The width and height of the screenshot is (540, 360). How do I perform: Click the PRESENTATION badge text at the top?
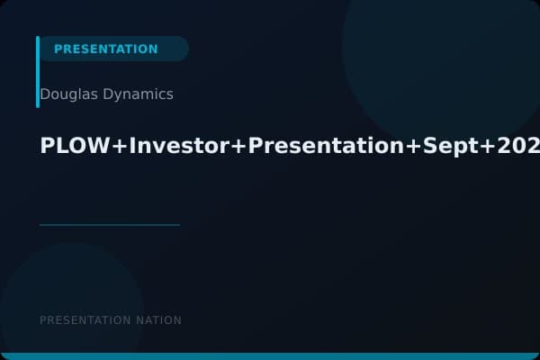click(105, 49)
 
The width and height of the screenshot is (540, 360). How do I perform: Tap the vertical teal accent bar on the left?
click(38, 72)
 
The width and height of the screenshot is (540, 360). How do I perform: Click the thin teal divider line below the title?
click(110, 225)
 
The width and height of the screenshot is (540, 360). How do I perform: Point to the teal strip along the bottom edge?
click(270, 356)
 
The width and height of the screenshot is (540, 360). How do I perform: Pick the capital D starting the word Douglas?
click(45, 94)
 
